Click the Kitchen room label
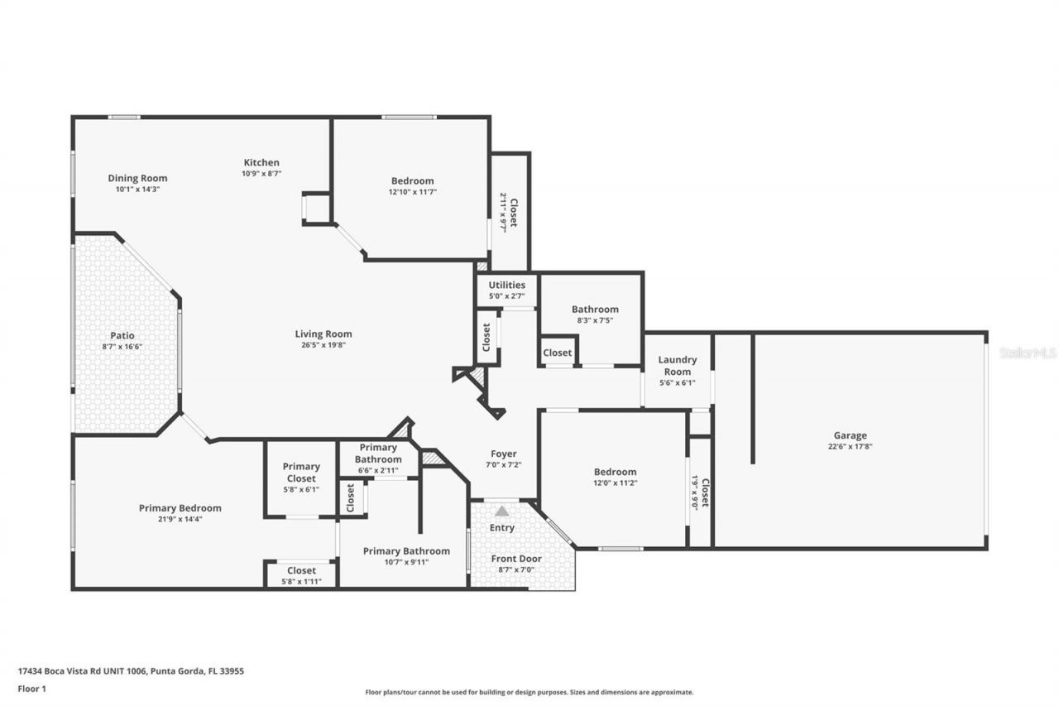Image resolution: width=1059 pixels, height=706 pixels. tap(261, 162)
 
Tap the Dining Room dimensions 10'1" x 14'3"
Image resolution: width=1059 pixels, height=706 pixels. tap(137, 190)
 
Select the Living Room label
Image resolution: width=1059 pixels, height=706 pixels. tap(323, 334)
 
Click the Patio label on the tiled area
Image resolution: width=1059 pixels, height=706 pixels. tap(122, 335)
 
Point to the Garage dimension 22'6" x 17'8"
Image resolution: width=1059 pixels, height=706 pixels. tap(850, 446)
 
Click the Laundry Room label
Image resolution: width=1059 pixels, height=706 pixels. tap(677, 366)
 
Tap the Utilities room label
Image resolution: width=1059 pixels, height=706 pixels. tap(506, 285)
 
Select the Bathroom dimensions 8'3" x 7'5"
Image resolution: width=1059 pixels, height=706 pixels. tap(595, 320)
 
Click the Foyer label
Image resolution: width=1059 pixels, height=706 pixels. tap(503, 454)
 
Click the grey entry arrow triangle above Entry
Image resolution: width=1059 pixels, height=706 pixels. tap(502, 511)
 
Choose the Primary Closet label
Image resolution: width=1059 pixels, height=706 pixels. tap(300, 472)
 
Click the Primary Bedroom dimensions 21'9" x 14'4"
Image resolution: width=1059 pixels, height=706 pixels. tap(180, 519)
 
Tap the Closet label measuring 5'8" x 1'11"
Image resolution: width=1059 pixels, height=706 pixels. tap(301, 570)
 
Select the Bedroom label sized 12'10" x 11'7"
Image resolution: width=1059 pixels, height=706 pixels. tap(412, 180)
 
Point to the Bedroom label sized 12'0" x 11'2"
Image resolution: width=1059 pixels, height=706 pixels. tap(615, 472)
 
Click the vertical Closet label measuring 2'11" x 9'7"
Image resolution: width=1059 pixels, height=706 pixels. tap(513, 212)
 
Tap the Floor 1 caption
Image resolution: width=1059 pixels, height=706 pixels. tap(31, 688)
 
